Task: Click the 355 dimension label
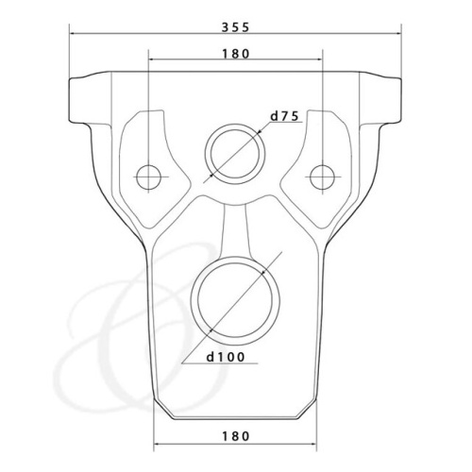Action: [x=235, y=27]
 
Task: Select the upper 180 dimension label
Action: [x=236, y=54]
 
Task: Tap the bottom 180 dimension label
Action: [x=236, y=436]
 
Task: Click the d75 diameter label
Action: [x=284, y=116]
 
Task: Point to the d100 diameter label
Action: [x=226, y=357]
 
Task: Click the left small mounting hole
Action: [x=149, y=177]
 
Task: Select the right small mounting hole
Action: [x=322, y=177]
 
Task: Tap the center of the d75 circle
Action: [x=235, y=154]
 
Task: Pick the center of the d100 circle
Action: [x=235, y=300]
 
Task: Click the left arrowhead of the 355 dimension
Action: [x=74, y=33]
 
